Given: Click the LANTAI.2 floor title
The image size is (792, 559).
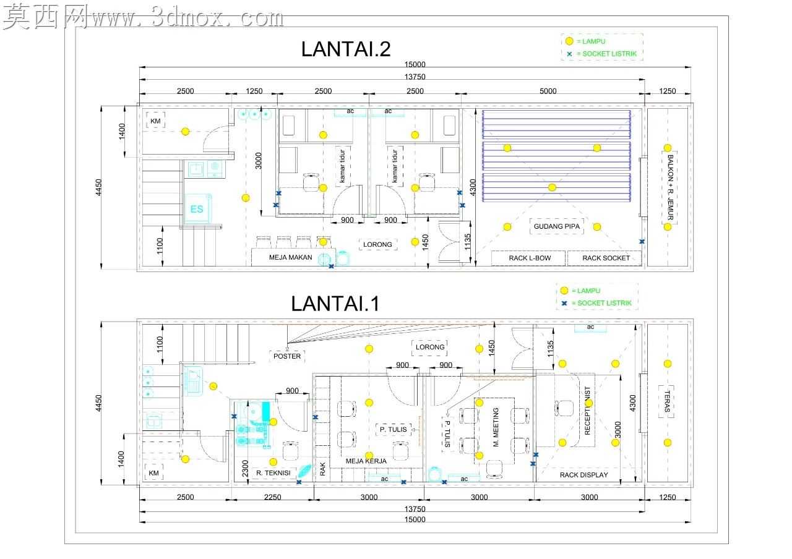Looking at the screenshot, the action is click(345, 49).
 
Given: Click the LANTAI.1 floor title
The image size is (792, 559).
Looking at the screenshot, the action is click(335, 303).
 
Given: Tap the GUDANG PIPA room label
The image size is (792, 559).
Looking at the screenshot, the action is click(556, 226).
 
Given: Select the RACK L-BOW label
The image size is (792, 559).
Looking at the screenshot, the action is click(530, 258).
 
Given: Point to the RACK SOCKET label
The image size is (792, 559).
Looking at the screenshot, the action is click(606, 258).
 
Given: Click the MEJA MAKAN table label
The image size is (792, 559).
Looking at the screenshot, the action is click(290, 257).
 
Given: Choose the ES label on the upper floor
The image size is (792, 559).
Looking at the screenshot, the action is click(197, 209).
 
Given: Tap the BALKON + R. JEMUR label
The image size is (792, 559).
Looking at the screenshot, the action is click(670, 187).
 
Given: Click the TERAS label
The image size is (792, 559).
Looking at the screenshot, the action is click(667, 401).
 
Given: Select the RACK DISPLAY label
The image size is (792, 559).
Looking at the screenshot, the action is click(583, 475).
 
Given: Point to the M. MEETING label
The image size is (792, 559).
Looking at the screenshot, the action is click(496, 427).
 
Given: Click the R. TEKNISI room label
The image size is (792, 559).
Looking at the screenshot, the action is click(273, 473).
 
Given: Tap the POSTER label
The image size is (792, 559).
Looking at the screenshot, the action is click(286, 356).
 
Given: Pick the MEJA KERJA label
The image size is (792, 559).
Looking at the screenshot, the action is click(366, 461).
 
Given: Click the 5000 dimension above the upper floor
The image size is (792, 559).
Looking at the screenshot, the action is click(548, 91).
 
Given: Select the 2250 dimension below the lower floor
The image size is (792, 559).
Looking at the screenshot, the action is click(273, 497).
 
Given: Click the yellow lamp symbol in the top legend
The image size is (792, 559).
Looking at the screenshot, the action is click(569, 41).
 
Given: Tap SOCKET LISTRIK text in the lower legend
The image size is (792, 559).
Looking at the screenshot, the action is click(605, 303).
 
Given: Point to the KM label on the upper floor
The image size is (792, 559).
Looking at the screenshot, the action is click(155, 121).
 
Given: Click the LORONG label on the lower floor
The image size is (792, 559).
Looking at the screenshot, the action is click(430, 347).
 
